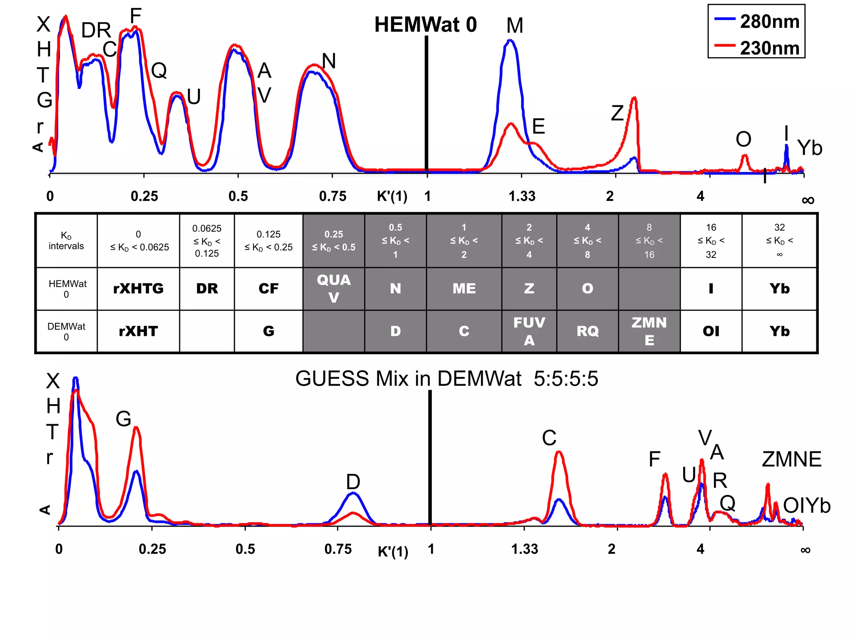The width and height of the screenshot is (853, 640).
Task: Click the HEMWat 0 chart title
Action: coord(425,25)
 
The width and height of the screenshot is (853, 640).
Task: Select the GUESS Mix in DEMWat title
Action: coord(446,379)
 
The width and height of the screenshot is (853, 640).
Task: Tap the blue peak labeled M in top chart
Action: coord(510,41)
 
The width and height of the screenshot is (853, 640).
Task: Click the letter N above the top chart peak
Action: coord(329,61)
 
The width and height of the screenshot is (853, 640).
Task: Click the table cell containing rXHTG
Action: coord(138,288)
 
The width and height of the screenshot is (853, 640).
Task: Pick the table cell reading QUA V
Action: coord(334,288)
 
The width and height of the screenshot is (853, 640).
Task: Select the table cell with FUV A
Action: coord(529,331)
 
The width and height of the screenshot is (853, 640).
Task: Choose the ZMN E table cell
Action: coord(649,331)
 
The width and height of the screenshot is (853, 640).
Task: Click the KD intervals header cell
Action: coord(66,241)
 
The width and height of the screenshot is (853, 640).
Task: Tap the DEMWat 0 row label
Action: coord(66,331)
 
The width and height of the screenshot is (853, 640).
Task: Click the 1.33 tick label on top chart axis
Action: coord(521,196)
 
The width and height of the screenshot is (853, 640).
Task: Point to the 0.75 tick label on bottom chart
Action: coord(338,549)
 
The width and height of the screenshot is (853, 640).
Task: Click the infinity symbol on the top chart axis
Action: coord(808,200)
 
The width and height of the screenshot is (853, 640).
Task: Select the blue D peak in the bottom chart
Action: coord(353,494)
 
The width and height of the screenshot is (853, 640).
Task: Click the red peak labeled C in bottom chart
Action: coord(559,452)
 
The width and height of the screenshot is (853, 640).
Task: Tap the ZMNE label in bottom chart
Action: coord(791,459)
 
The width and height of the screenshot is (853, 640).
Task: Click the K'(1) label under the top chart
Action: coord(392,196)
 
